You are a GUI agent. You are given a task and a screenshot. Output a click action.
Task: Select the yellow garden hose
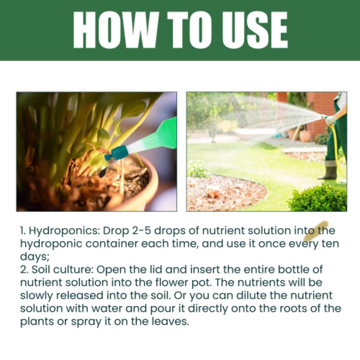click(336, 144)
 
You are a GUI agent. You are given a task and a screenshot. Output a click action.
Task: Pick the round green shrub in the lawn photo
click(317, 198)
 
